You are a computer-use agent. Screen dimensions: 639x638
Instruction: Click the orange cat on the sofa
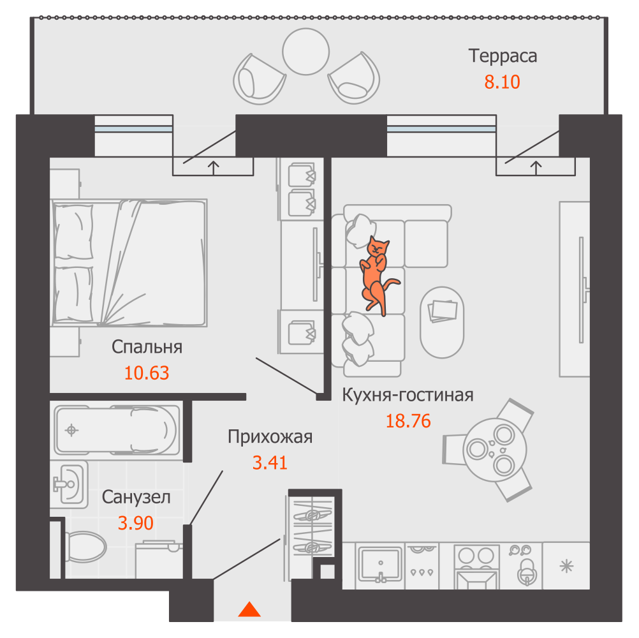(376, 274)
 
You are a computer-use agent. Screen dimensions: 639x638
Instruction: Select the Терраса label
(503, 56)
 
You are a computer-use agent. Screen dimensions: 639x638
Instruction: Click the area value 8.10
(502, 82)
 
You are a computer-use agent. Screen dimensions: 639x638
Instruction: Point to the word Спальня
(147, 347)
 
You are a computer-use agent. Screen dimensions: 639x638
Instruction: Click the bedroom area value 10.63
(146, 373)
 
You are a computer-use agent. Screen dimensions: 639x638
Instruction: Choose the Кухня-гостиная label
(408, 395)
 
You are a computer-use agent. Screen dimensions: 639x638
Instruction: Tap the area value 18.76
(408, 420)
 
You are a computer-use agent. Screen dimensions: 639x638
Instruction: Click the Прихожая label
(270, 436)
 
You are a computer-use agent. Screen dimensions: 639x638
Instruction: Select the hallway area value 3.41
(270, 463)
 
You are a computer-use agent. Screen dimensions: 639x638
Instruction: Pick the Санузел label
(136, 497)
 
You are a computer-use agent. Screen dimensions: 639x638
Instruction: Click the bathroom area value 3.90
(136, 523)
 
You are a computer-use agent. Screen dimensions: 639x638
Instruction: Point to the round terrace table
(305, 52)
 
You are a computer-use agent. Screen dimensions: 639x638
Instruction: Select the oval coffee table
(442, 322)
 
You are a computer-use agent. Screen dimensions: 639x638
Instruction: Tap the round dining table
(495, 450)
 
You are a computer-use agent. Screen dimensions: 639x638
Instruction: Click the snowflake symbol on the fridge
(566, 567)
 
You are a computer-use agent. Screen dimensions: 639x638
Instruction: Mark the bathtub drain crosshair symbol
(71, 429)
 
